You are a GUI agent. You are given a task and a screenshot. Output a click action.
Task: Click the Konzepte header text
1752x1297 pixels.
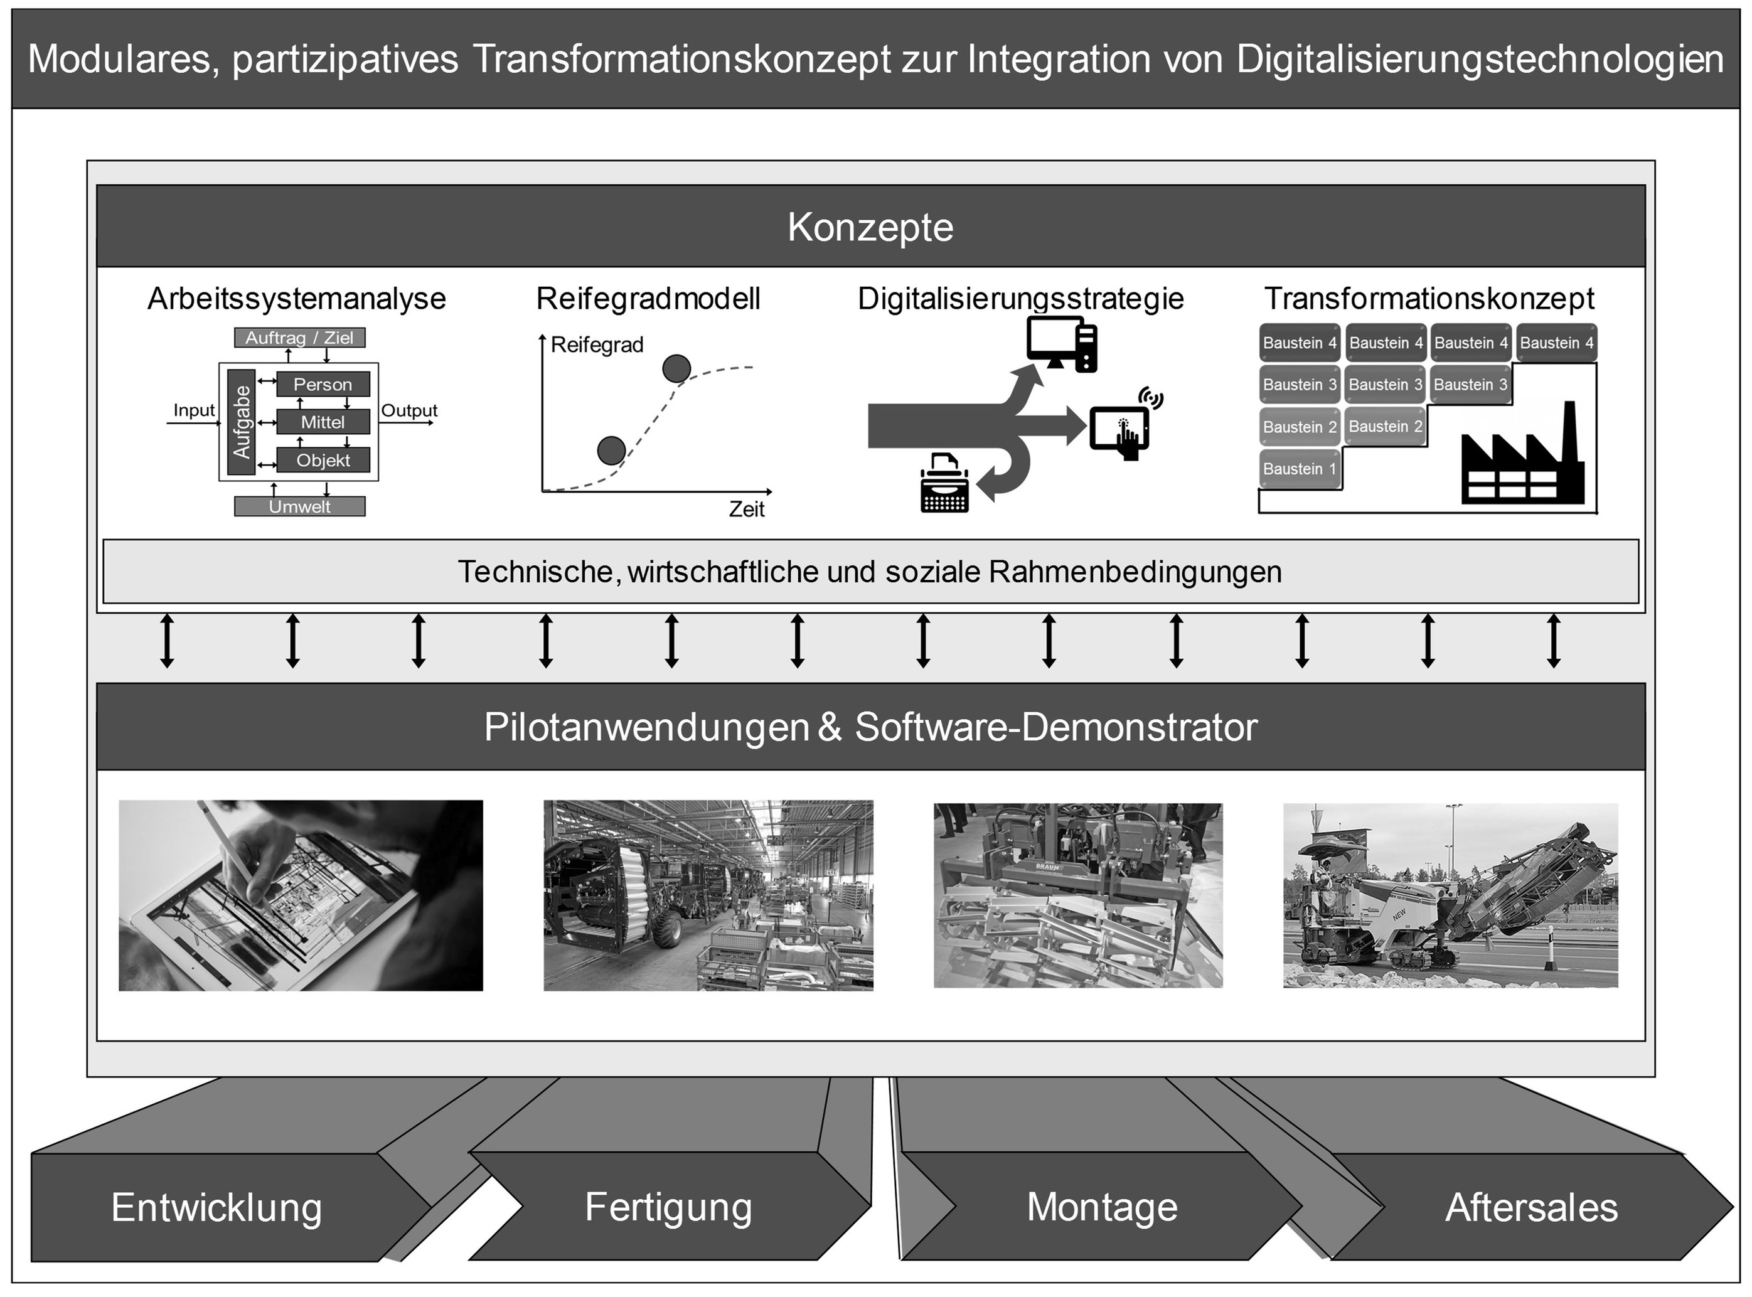pos(870,228)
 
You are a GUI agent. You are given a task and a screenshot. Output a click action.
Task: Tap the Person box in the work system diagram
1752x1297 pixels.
pos(323,384)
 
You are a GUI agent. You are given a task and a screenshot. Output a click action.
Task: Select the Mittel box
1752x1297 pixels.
pos(323,422)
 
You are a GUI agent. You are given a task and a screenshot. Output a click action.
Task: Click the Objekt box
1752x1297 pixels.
pos(323,460)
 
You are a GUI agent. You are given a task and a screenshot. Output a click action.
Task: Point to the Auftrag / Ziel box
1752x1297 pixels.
pos(299,338)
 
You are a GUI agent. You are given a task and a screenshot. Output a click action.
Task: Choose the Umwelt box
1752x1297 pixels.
pos(299,506)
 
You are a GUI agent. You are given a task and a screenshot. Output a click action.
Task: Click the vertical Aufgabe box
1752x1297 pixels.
pos(241,422)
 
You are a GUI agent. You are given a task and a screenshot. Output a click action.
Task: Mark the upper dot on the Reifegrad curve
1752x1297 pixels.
pos(676,368)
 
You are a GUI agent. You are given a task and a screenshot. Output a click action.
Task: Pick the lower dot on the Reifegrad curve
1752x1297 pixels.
pos(611,451)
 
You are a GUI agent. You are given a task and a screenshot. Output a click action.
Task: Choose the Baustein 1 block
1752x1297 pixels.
pos(1300,469)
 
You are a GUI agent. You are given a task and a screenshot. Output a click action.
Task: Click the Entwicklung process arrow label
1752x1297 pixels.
pos(216,1207)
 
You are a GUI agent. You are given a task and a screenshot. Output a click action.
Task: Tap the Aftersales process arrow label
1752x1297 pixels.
pos(1530,1207)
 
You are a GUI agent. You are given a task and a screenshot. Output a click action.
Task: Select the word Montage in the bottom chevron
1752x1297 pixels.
pos(1101,1207)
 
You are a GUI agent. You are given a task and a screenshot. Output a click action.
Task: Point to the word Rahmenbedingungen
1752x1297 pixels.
pos(1135,572)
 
